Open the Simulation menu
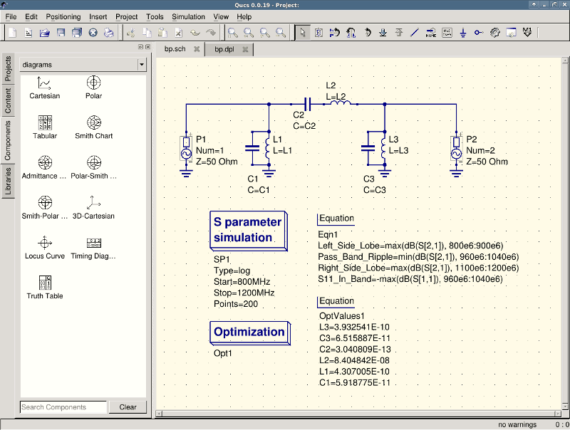click(188, 16)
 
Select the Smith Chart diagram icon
click(94, 122)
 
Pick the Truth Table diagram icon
click(45, 283)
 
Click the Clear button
click(128, 407)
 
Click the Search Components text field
click(63, 407)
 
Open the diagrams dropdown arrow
click(141, 65)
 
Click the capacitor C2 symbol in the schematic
click(308, 105)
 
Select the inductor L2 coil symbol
click(341, 103)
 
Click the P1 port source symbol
click(186, 149)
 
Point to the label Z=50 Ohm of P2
click(487, 162)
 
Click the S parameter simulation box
click(249, 231)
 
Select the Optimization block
click(250, 332)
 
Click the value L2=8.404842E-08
click(354, 361)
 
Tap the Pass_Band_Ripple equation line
click(418, 257)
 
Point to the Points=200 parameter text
click(236, 304)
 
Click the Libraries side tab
click(8, 182)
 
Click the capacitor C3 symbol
click(368, 148)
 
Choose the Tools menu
click(155, 16)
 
